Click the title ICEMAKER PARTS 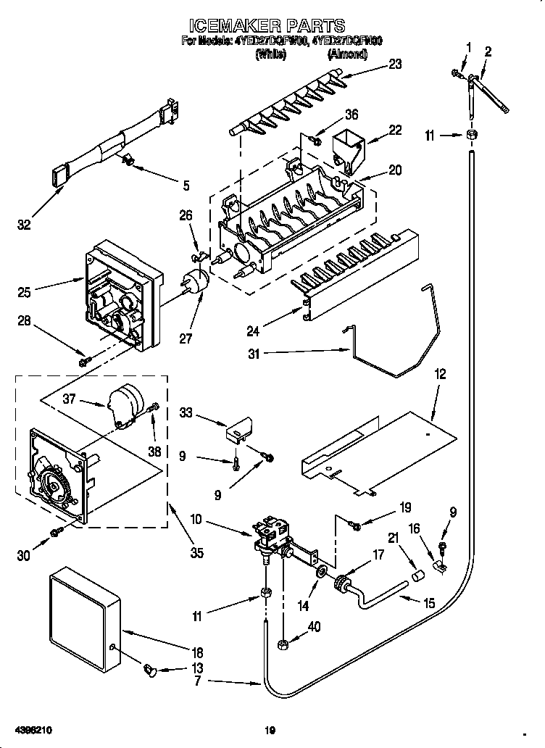click(271, 27)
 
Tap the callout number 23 click(394, 63)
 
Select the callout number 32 click(25, 225)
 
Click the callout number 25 click(25, 294)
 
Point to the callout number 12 click(440, 375)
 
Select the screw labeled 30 click(56, 534)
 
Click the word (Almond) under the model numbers click(347, 54)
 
